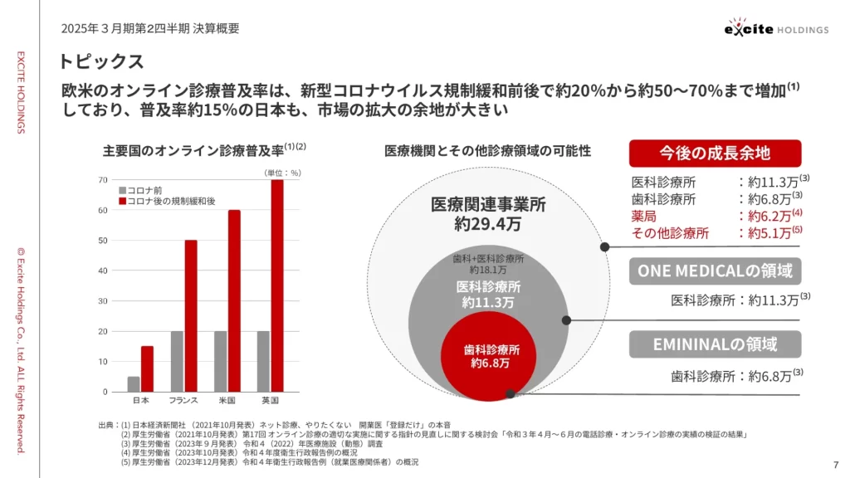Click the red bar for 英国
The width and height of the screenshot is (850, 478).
point(277,285)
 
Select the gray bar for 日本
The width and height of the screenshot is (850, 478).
point(134,384)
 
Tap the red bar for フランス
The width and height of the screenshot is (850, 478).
point(191,315)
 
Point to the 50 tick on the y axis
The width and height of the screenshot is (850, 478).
point(103,241)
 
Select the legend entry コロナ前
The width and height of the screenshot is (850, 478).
point(143,190)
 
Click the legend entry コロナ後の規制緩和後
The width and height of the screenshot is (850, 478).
point(165,201)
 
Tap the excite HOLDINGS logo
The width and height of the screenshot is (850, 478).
point(775,28)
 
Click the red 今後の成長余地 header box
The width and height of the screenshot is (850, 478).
point(715,153)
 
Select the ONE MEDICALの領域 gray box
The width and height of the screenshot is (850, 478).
point(715,271)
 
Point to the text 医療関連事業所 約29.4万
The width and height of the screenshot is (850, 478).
point(488,214)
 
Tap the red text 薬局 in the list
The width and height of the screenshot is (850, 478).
point(644,216)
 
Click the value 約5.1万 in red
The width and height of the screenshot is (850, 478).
point(769,233)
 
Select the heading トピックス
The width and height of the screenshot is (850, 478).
point(101,61)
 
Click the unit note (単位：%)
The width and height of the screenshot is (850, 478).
point(282,173)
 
